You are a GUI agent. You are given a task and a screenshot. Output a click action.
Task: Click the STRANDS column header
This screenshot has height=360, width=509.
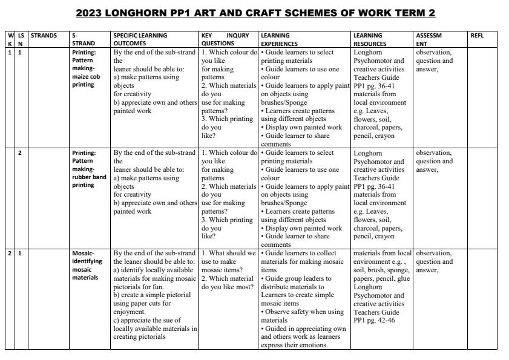[x=43, y=36]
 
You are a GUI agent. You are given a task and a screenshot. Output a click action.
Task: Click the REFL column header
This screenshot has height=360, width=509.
[x=478, y=36]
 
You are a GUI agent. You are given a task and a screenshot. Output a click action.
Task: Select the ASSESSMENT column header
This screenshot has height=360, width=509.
[x=429, y=39]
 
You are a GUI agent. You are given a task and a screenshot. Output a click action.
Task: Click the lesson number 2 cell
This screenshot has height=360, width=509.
[x=20, y=153]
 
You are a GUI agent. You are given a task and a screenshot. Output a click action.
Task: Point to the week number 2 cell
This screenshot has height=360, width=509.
[x=10, y=253]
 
